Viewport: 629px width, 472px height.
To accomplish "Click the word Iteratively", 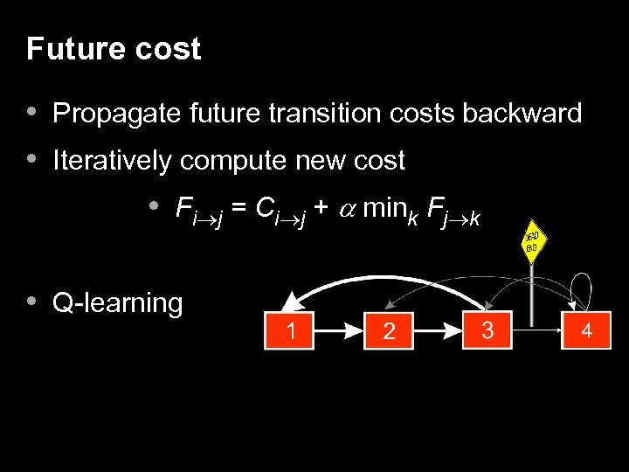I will click(114, 161).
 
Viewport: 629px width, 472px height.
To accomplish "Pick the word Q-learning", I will click(118, 303).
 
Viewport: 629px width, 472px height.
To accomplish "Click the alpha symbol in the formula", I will click(345, 209).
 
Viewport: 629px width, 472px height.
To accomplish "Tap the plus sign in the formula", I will click(320, 209).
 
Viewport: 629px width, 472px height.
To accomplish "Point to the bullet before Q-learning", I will click(32, 302).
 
